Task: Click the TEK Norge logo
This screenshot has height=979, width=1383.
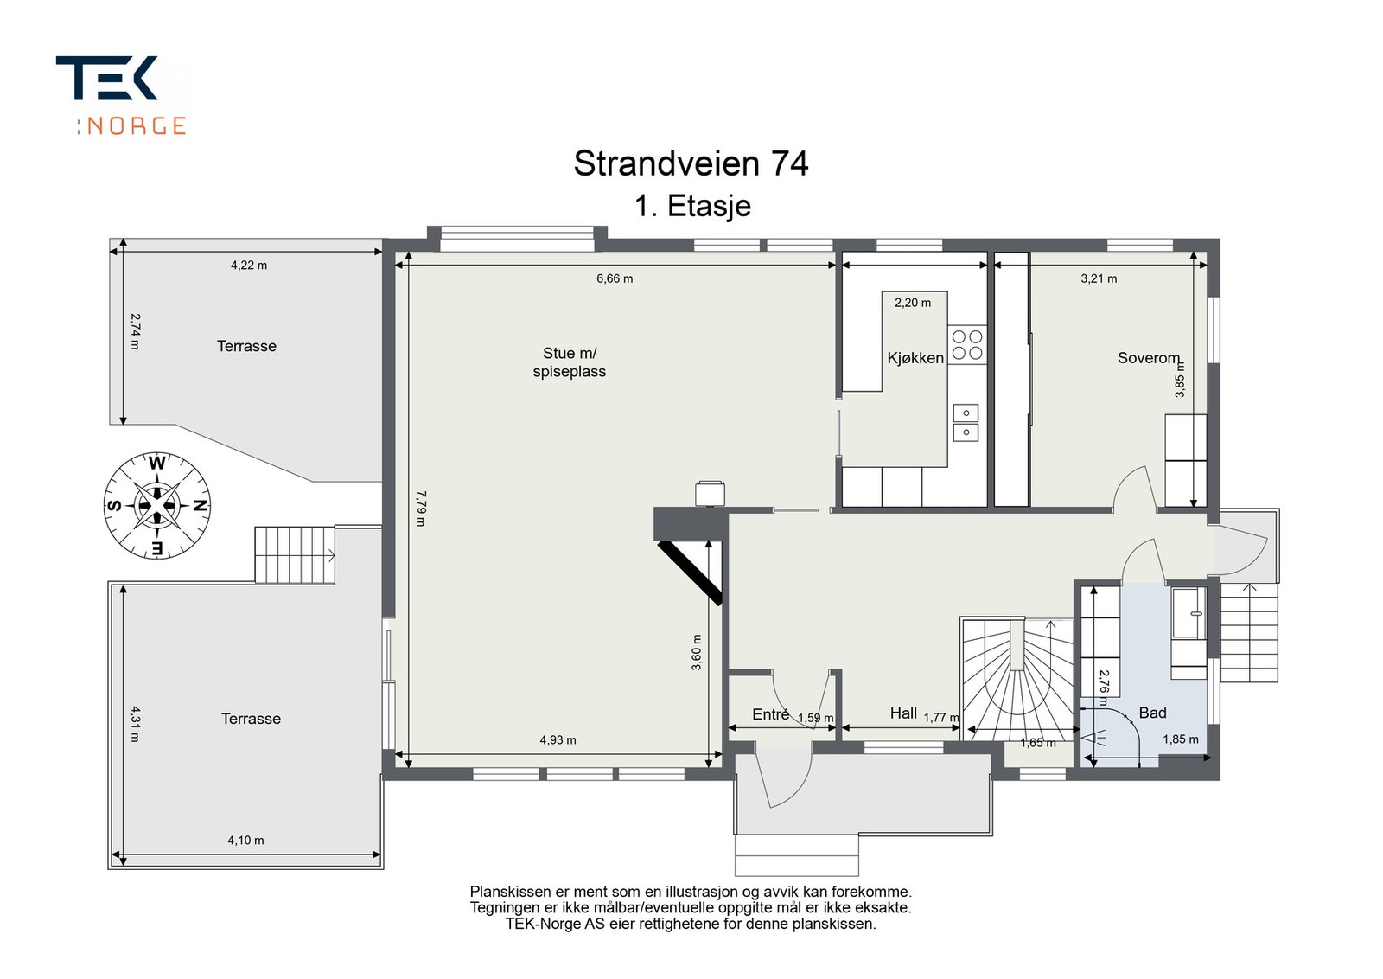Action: [122, 96]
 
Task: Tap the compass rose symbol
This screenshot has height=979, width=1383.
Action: [156, 506]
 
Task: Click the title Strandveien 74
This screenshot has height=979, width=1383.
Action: [691, 163]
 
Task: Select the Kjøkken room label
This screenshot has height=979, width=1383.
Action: [915, 358]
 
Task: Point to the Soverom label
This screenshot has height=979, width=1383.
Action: [1149, 358]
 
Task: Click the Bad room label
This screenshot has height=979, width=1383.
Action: [1153, 713]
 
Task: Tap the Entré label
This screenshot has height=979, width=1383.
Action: [770, 714]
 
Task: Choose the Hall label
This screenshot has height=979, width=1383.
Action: [903, 713]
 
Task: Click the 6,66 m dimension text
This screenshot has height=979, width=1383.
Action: [615, 278]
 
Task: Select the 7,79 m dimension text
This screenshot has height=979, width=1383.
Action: [421, 509]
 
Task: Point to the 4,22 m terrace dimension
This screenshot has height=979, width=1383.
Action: [249, 265]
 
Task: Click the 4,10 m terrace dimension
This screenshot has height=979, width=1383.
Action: [245, 840]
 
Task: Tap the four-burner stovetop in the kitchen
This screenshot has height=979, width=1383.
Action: [967, 345]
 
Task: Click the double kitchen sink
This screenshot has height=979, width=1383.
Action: [966, 423]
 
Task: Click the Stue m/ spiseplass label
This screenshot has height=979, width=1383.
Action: [570, 362]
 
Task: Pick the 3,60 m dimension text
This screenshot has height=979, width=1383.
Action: [697, 652]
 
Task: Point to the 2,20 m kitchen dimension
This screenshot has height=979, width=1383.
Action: [913, 303]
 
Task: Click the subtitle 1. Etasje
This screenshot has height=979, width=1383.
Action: [692, 207]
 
